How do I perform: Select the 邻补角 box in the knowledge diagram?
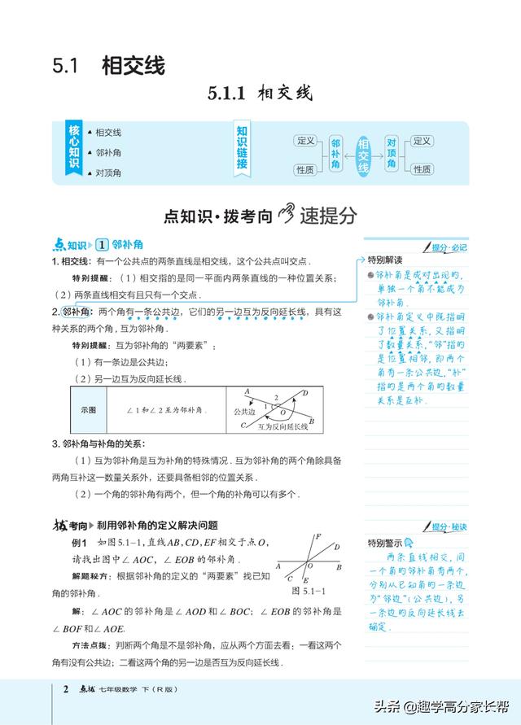335,153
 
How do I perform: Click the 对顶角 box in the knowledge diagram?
392,153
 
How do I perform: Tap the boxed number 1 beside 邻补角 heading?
102,245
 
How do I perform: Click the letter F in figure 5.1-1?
317,536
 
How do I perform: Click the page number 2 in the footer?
66,690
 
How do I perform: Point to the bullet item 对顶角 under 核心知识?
108,173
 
